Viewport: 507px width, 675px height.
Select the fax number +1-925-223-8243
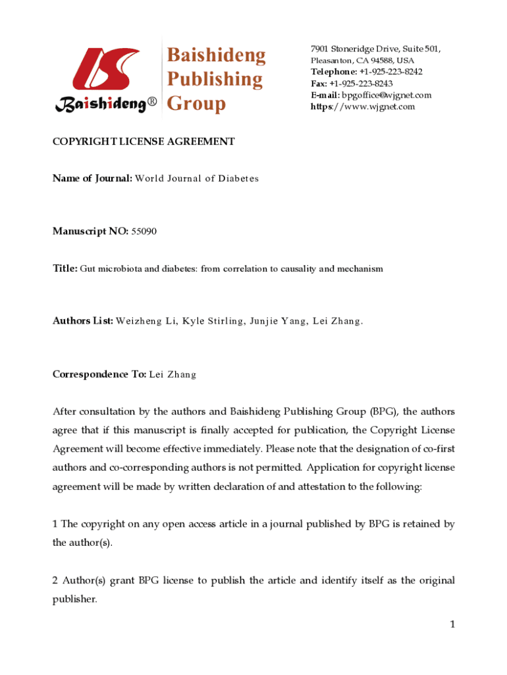click(x=361, y=84)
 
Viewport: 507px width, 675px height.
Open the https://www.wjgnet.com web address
click(x=363, y=107)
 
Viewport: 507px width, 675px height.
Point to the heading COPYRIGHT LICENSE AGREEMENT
click(x=144, y=141)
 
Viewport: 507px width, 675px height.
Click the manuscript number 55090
click(x=144, y=231)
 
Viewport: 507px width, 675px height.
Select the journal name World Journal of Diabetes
click(x=197, y=179)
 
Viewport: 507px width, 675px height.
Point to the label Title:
click(x=65, y=269)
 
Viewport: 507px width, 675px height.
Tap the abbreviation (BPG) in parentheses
click(x=382, y=412)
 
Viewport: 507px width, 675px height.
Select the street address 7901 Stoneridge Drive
click(x=352, y=49)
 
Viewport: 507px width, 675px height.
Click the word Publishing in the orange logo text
click(x=215, y=79)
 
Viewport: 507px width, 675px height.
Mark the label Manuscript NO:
click(x=90, y=231)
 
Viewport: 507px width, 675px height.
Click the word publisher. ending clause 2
click(x=74, y=599)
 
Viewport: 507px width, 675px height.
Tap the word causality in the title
click(x=292, y=269)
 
